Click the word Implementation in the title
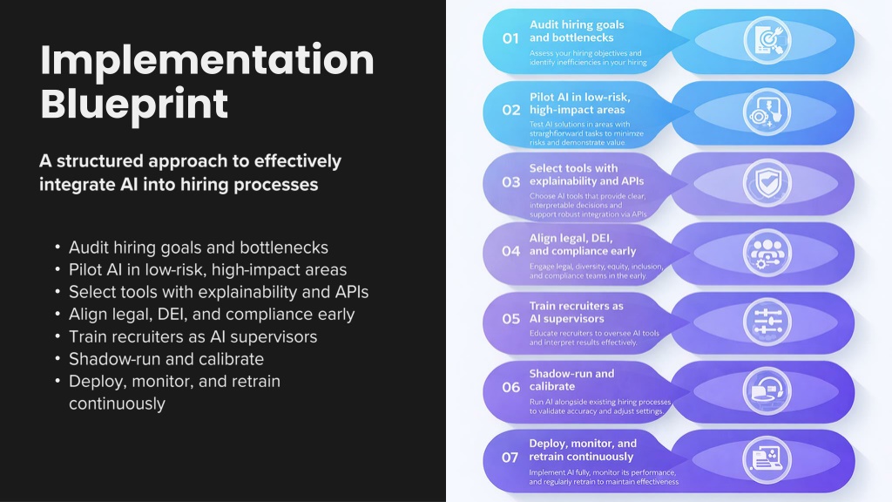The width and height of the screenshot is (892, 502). tap(207, 61)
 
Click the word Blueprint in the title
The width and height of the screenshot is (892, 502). tap(134, 104)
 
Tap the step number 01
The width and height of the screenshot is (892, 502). tap(510, 38)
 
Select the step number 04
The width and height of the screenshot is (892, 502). tap(510, 251)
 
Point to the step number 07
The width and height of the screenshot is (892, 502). tap(510, 457)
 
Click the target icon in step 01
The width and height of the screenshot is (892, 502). tap(767, 39)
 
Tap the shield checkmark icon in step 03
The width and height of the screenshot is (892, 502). tap(767, 183)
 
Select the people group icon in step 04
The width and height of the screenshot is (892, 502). tap(767, 253)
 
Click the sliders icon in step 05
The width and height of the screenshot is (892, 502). tap(767, 322)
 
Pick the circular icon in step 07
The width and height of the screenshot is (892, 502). tap(767, 459)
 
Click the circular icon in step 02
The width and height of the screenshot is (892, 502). tap(767, 112)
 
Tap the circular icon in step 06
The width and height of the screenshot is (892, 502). tap(767, 390)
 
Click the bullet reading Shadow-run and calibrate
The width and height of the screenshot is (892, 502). tap(166, 359)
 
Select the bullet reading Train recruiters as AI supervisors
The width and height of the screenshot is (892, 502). tap(193, 337)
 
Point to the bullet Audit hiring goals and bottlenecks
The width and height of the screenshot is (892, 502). tap(199, 248)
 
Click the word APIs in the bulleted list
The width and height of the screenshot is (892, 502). tap(352, 292)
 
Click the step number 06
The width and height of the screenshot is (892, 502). tap(510, 387)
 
